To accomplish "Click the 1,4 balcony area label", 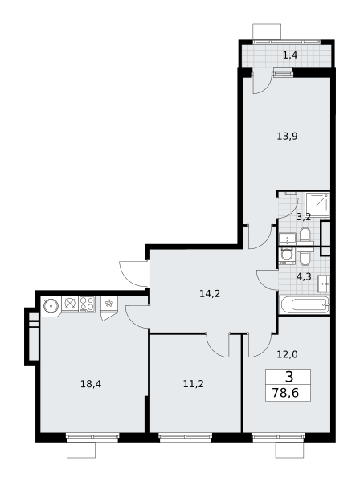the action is pos(290,55).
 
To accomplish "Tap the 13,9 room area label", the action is pos(287,136).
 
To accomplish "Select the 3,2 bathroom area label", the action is pos(304,217).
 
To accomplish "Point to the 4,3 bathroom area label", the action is pos(304,276).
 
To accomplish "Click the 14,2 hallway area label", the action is pos(210,294).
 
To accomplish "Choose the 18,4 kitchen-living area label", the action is pos(91,384).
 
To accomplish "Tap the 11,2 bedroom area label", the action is pos(194,384).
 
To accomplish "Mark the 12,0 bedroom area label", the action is pos(287,355).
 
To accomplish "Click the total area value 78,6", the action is pos(285,393).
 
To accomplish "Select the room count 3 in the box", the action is pos(289,377).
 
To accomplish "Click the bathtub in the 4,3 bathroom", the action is pos(305,304).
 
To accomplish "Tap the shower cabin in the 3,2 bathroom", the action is pos(317,204).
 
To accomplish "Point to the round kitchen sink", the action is pos(51,306).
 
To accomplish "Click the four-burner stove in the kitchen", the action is pos(87,304).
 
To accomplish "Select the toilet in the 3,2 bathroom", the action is pos(305,235).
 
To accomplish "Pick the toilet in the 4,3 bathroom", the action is pos(305,259).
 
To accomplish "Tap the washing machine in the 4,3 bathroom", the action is pos(288,256).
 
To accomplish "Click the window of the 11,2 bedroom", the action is pos(185,437).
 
